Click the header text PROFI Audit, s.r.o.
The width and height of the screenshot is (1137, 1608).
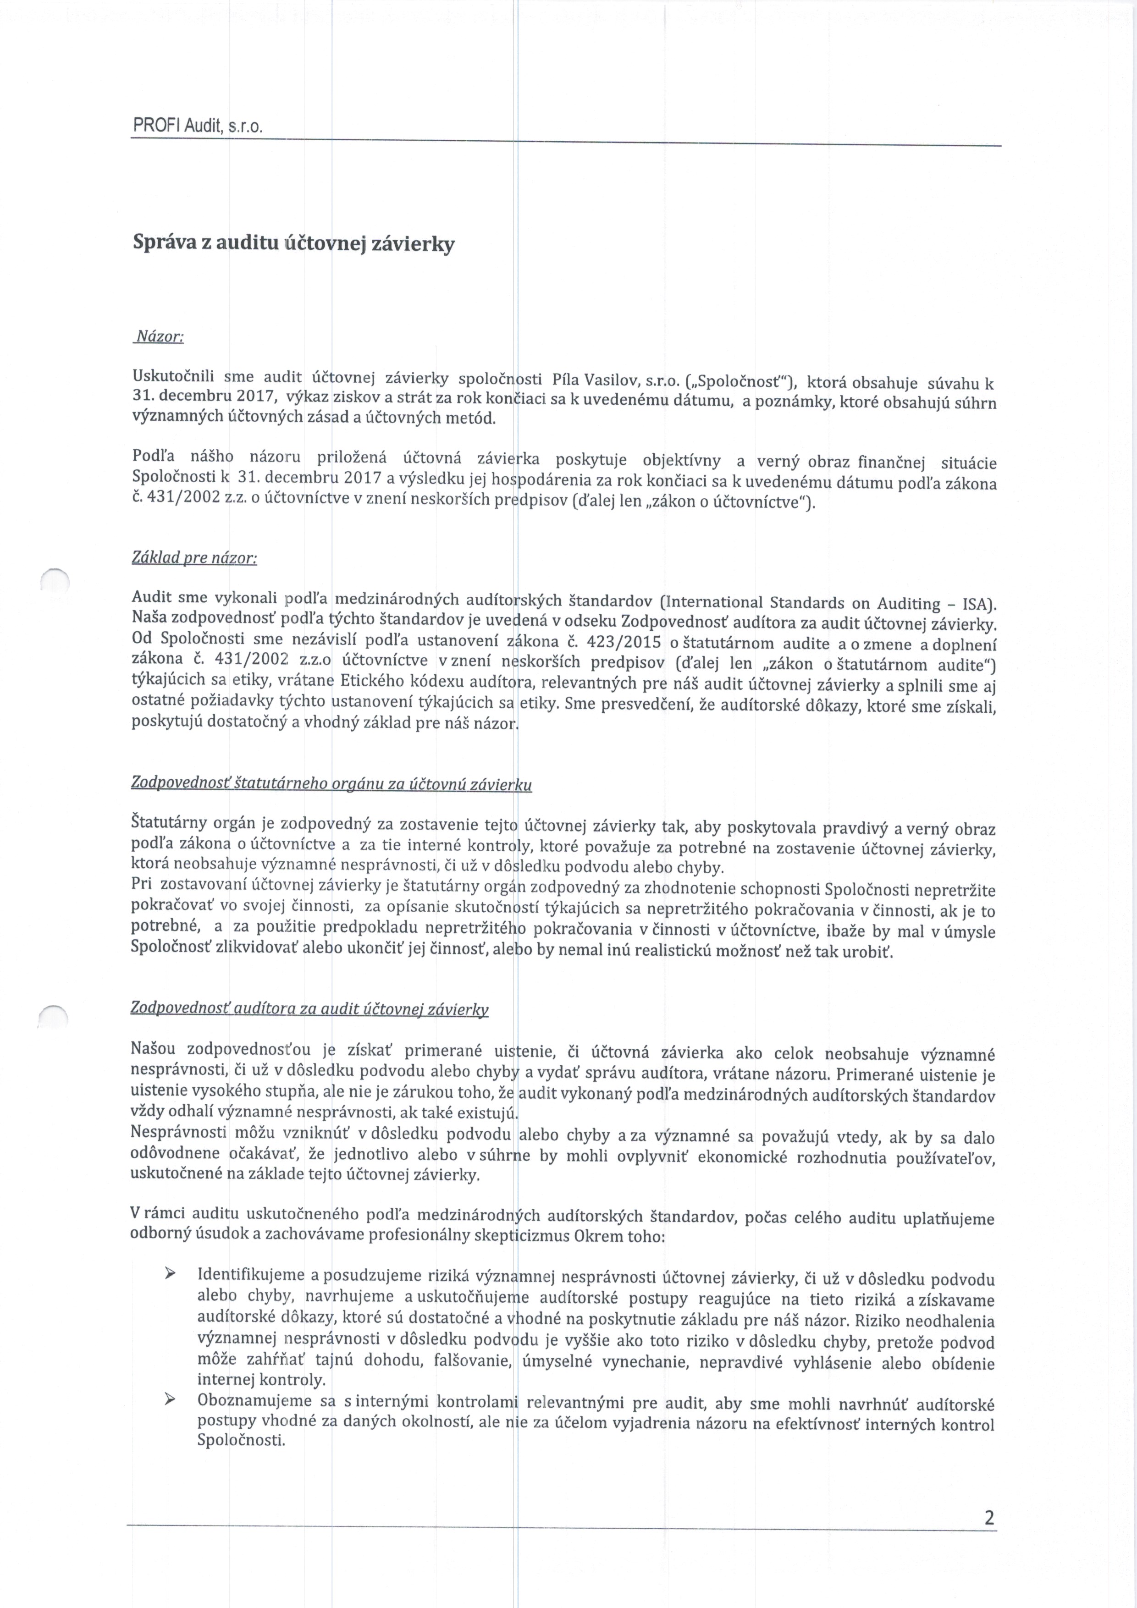coord(198,127)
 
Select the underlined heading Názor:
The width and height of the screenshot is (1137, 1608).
coord(159,337)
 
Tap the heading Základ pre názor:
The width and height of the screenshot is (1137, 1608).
coord(194,558)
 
